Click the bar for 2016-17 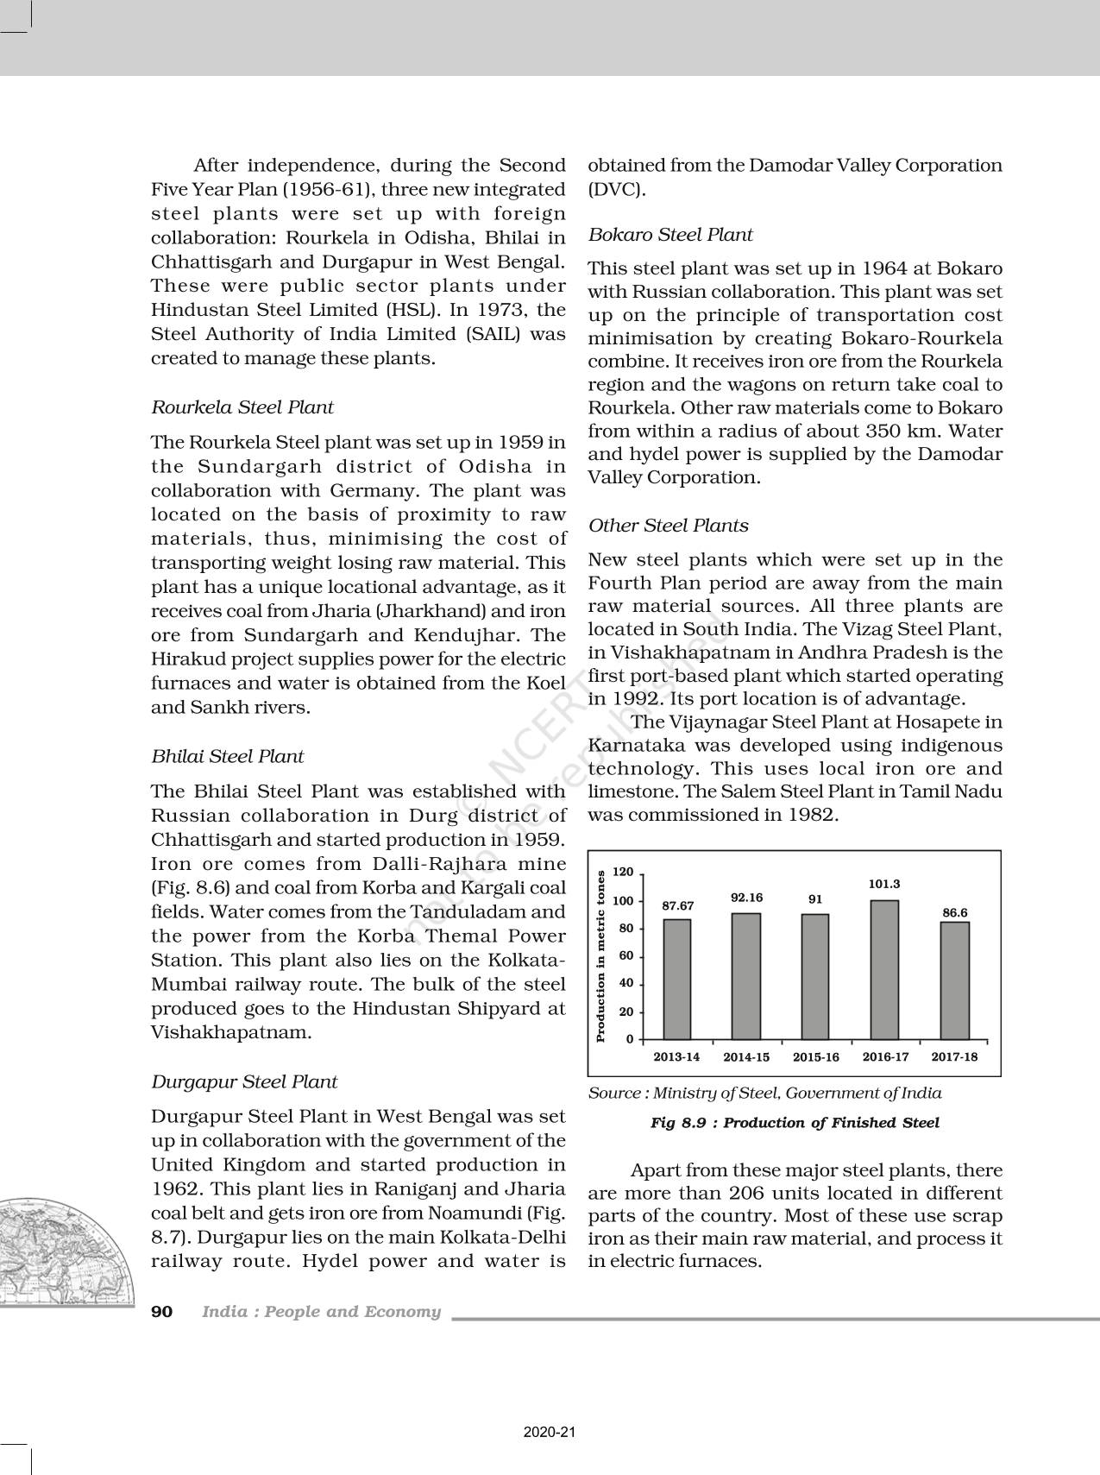(x=884, y=969)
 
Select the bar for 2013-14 (x=676, y=979)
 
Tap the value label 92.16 (x=746, y=898)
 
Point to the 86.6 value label (x=954, y=912)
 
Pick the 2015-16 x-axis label (x=815, y=1056)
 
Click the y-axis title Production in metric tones (x=600, y=955)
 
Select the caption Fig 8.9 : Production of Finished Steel (x=794, y=1123)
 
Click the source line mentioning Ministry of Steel (x=764, y=1093)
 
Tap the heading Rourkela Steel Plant (x=242, y=407)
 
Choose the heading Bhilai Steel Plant (x=228, y=757)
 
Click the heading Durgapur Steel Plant (x=244, y=1082)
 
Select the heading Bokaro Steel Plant (x=670, y=235)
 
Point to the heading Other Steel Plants (x=669, y=526)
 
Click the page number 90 (x=162, y=1312)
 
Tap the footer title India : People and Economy (x=321, y=1312)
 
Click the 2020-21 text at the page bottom (x=550, y=1432)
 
